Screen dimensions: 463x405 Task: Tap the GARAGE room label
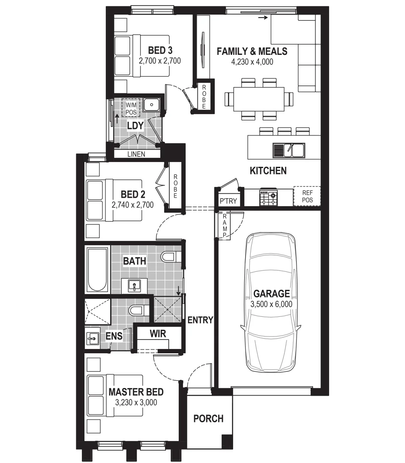[271, 294]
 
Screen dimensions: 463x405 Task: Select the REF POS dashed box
[307, 196]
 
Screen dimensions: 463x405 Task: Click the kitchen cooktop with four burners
[268, 198]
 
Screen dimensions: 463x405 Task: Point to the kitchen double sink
[288, 150]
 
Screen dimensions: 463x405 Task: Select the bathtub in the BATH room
[97, 269]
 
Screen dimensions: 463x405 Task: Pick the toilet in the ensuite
[138, 310]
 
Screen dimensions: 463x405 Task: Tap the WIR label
[158, 333]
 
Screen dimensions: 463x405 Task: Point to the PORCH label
[208, 418]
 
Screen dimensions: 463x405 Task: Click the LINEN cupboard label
[136, 154]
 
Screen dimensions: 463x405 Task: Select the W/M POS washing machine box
[131, 108]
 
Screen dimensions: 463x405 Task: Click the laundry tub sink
[151, 104]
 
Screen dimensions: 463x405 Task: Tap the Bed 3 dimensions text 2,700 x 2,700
[160, 61]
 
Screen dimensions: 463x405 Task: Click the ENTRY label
[200, 320]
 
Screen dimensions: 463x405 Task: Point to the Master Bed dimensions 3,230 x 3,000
[136, 403]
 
